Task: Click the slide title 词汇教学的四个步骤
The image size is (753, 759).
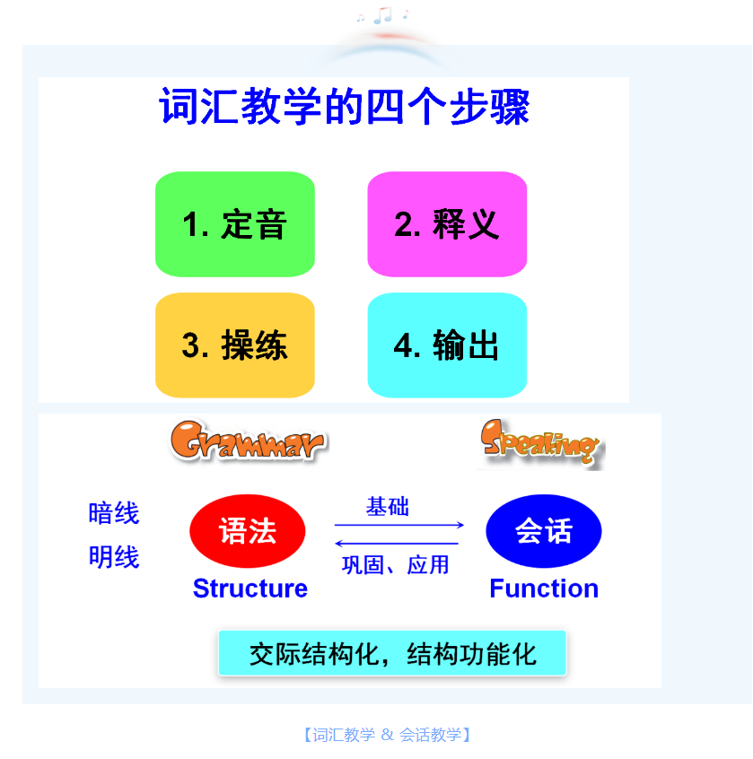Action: pyautogui.click(x=345, y=107)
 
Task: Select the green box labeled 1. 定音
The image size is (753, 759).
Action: pyautogui.click(x=235, y=224)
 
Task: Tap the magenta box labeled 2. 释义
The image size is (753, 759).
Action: pyautogui.click(x=447, y=224)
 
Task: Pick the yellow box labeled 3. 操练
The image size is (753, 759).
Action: pyautogui.click(x=235, y=345)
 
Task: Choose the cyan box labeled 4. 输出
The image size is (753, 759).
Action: pyautogui.click(x=447, y=345)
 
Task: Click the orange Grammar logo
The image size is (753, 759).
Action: pyautogui.click(x=248, y=441)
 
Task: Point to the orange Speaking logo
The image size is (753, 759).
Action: pyautogui.click(x=540, y=443)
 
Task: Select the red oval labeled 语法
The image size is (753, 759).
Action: pyautogui.click(x=248, y=531)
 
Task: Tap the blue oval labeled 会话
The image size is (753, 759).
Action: pyautogui.click(x=544, y=531)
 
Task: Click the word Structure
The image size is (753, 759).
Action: pyautogui.click(x=250, y=589)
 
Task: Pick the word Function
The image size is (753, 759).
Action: pyautogui.click(x=544, y=589)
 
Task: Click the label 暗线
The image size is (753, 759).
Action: pyautogui.click(x=114, y=513)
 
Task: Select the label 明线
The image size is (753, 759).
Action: pyautogui.click(x=114, y=556)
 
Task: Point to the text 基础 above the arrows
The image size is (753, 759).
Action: pyautogui.click(x=388, y=507)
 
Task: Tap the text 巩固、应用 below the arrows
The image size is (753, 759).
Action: pyautogui.click(x=395, y=565)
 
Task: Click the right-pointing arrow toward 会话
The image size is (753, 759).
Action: pyautogui.click(x=399, y=525)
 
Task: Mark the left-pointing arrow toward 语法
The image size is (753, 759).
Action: pyautogui.click(x=397, y=544)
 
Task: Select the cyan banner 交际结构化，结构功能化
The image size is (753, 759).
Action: pyautogui.click(x=392, y=653)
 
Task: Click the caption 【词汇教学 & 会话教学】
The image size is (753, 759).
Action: pyautogui.click(x=387, y=735)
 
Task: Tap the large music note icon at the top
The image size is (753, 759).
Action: pyautogui.click(x=383, y=15)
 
